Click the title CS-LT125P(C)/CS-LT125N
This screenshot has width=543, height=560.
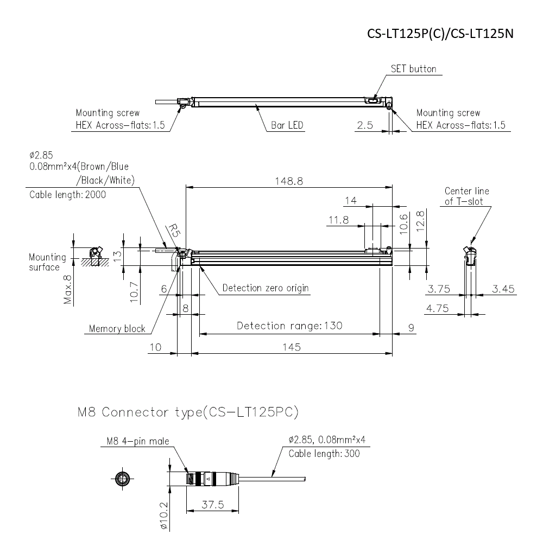pos(440,34)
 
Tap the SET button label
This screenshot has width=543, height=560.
pos(413,69)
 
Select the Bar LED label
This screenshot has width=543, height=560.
pos(287,125)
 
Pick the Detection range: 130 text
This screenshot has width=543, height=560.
pos(289,326)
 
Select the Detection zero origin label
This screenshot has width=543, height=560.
pos(266,288)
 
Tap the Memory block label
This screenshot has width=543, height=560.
pos(117,328)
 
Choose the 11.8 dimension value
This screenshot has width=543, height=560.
pos(338,220)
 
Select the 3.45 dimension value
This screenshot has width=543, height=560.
pos(503,289)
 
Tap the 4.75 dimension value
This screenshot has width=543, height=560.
pos(438,308)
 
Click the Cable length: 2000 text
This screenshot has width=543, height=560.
pos(68,195)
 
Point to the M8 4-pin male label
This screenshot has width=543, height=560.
pos(135,441)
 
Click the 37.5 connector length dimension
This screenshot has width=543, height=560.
pos(212,505)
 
